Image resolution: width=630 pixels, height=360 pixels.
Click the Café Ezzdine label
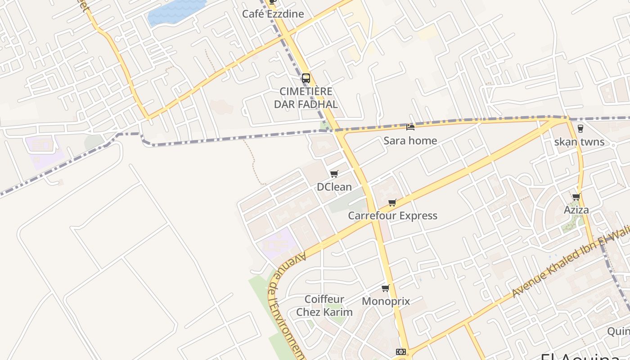click(x=273, y=14)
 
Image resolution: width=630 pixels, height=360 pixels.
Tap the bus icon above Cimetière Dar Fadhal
click(x=306, y=78)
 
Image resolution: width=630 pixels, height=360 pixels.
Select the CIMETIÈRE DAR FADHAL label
click(x=306, y=98)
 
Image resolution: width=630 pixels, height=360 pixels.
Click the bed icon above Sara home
click(x=410, y=127)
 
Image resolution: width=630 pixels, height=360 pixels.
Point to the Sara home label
click(x=410, y=141)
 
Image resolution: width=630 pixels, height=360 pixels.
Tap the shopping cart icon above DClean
click(x=334, y=174)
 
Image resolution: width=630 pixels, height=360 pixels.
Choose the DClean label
click(x=334, y=187)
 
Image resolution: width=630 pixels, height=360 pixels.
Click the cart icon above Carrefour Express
click(x=392, y=202)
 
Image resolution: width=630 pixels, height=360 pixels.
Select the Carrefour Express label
click(x=392, y=216)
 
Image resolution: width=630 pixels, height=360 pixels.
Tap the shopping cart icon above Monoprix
click(x=385, y=288)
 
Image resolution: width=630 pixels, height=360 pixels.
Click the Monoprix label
click(x=386, y=301)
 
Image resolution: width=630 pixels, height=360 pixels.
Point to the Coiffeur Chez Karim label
click(x=324, y=306)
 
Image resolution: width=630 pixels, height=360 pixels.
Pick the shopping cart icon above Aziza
click(x=576, y=197)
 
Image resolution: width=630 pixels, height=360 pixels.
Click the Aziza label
click(x=576, y=210)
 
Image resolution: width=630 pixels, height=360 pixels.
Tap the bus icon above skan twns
click(x=580, y=128)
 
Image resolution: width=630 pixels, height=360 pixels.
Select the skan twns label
click(x=579, y=143)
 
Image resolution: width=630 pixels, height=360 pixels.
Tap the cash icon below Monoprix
click(x=400, y=352)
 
